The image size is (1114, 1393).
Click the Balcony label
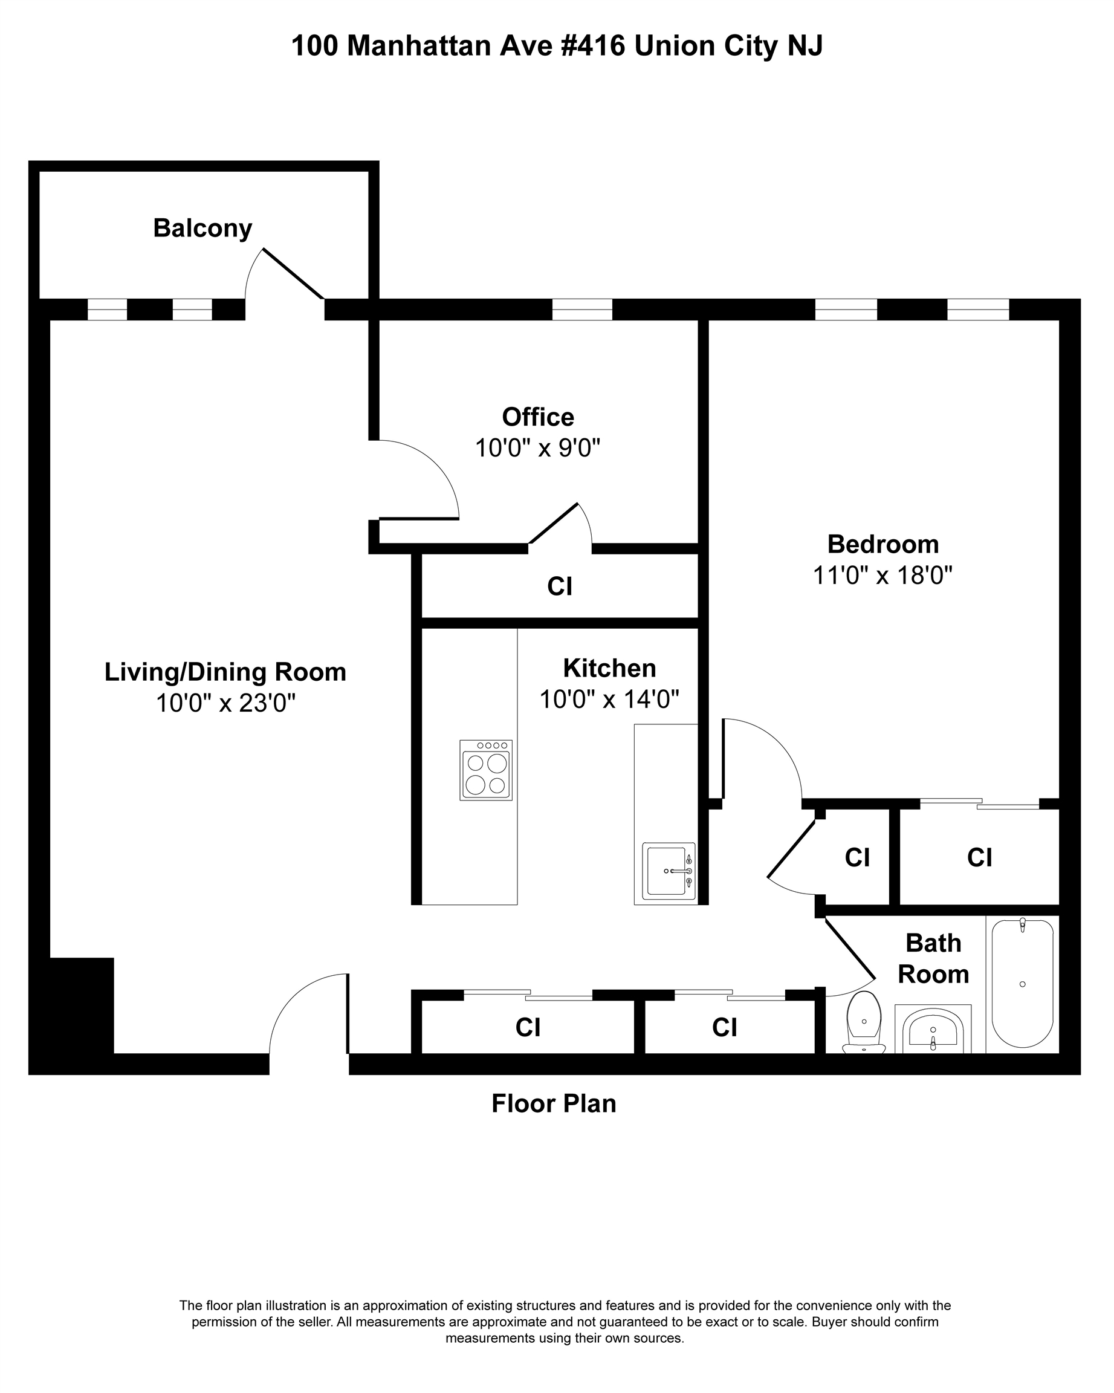point(202,229)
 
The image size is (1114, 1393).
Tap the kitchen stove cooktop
point(485,770)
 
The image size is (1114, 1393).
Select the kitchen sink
point(669,872)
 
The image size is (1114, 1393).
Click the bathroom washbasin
point(933,1030)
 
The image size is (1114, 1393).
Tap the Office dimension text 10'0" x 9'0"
point(538,448)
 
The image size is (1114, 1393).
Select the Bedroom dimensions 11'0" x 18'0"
point(883,575)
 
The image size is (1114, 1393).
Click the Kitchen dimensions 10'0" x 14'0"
point(610,699)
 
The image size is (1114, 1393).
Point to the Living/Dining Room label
point(225,672)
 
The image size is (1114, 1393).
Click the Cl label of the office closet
point(560,586)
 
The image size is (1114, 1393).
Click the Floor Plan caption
point(554,1103)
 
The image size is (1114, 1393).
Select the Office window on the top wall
point(582,310)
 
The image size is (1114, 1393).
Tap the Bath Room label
point(934,959)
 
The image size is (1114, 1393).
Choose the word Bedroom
point(883,544)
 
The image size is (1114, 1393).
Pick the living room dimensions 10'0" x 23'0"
point(225,703)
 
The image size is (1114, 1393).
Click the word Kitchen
point(610,668)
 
